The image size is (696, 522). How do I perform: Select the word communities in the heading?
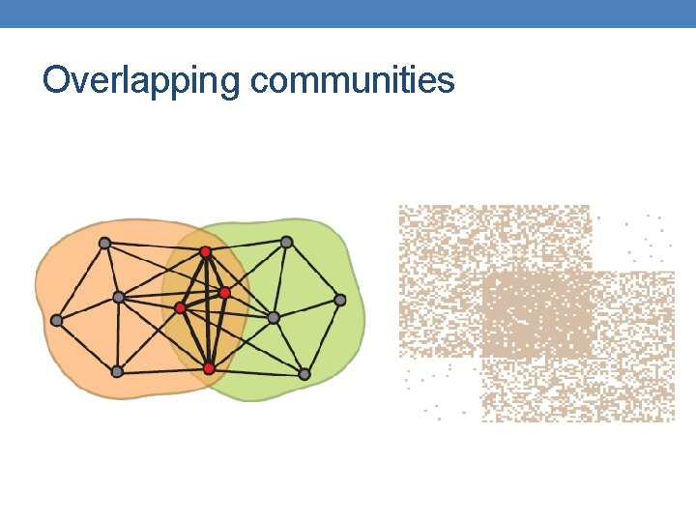352,80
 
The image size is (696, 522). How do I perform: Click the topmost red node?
205,251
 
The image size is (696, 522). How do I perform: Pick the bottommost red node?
209,368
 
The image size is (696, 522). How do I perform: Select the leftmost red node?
180,307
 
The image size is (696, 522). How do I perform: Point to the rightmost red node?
224,292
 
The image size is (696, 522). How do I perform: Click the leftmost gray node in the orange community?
56,320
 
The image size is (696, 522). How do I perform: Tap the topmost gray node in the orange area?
104,243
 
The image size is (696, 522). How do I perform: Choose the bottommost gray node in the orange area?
117,371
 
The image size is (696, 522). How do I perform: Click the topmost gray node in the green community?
286,242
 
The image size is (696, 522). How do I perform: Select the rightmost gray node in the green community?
340,300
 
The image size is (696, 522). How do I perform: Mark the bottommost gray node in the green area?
304,374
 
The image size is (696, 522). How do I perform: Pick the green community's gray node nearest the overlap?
274,317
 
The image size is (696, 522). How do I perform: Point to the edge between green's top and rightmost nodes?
313,271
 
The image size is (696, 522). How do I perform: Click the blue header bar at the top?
348,13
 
